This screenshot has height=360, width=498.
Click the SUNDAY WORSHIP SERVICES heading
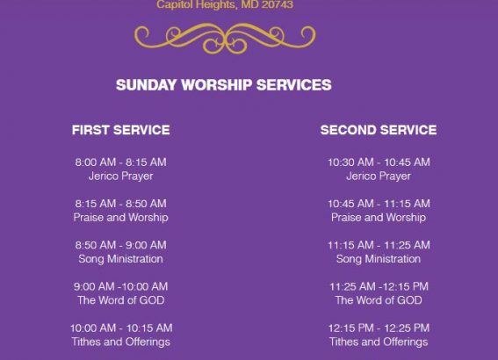[x=224, y=85]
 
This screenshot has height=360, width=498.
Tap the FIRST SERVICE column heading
[x=120, y=130]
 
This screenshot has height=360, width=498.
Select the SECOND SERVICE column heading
[x=379, y=130]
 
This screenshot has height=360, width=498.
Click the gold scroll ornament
[x=225, y=38]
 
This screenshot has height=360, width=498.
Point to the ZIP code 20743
[x=278, y=4]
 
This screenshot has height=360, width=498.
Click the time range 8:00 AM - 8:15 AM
[x=120, y=162]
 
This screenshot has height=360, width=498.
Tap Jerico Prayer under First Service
[x=120, y=176]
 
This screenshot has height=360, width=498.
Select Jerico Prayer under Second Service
[x=379, y=176]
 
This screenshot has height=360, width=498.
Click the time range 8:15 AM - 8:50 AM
[x=120, y=204]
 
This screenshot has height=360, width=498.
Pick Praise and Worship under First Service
[x=120, y=218]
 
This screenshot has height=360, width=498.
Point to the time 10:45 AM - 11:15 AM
[x=379, y=204]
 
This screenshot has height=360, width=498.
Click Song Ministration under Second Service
[x=379, y=259]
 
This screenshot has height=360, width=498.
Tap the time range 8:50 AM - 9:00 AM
[x=120, y=245]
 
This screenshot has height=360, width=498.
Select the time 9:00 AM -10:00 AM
[x=120, y=286]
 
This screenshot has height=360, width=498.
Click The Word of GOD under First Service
[x=120, y=300]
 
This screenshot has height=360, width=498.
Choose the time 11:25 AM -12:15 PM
[x=379, y=286]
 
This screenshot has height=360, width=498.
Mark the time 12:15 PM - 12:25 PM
[x=379, y=328]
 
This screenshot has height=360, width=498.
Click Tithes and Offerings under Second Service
[x=379, y=342]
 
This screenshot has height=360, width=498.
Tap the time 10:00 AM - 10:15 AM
[x=121, y=328]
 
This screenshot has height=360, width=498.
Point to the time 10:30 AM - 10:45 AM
[x=379, y=162]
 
